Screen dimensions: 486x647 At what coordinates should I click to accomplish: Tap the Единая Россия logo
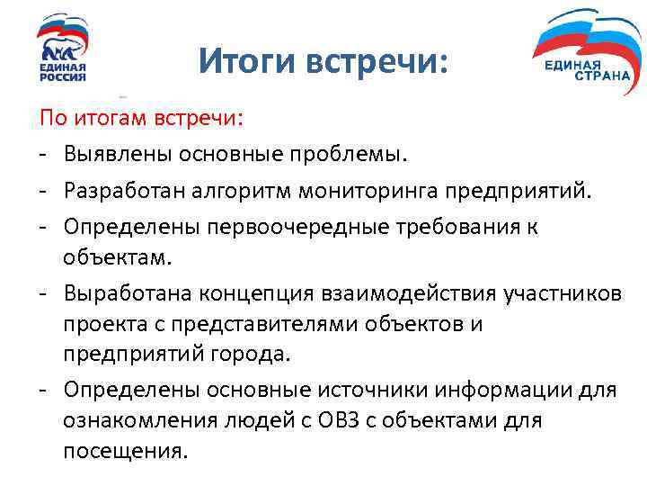pyautogui.click(x=62, y=49)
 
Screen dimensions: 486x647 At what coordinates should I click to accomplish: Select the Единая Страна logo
pyautogui.click(x=583, y=53)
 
